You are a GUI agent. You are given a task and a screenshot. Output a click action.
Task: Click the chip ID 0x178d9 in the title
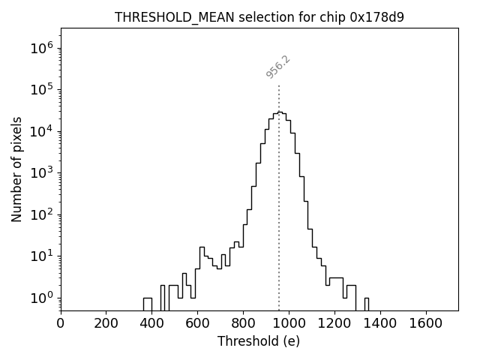pyautogui.click(x=377, y=17)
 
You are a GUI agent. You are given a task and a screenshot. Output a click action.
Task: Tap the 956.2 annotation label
pyautogui.click(x=278, y=67)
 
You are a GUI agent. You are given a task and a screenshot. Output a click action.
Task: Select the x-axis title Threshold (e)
pyautogui.click(x=259, y=341)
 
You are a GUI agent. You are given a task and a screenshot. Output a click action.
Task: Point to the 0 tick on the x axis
pyautogui.click(x=61, y=323)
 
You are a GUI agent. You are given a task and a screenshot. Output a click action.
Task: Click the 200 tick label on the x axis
pyautogui.click(x=106, y=323)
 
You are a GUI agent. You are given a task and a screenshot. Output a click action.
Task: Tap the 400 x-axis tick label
pyautogui.click(x=152, y=323)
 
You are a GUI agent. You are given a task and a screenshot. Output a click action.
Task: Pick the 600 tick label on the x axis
pyautogui.click(x=197, y=323)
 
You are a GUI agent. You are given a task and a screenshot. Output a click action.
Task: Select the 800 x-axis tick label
pyautogui.click(x=243, y=323)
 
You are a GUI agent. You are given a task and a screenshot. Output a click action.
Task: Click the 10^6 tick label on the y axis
pyautogui.click(x=41, y=49)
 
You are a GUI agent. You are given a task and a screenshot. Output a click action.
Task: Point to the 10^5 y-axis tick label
pyautogui.click(x=41, y=90)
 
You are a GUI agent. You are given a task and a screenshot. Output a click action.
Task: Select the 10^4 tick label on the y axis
pyautogui.click(x=41, y=132)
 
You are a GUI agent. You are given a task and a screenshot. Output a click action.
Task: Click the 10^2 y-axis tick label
pyautogui.click(x=41, y=214)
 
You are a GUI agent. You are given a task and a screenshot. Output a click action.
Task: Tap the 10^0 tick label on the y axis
pyautogui.click(x=41, y=298)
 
